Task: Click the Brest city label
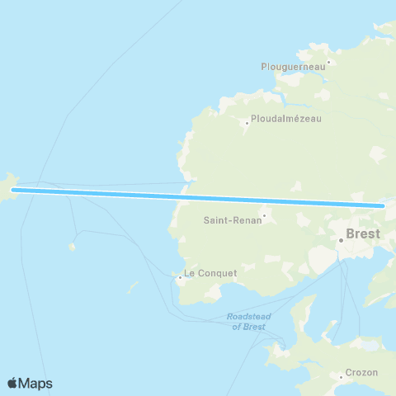364,233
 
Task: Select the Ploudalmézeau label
285,118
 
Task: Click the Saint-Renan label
231,220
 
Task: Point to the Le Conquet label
210,273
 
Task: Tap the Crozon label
362,372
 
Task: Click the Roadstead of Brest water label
244,322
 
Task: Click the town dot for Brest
341,240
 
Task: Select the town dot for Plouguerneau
328,61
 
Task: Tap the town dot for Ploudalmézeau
246,124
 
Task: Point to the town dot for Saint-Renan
263,218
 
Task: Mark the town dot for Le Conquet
179,277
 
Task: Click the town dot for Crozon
341,377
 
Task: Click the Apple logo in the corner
12,384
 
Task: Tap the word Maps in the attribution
36,384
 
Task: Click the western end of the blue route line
13,191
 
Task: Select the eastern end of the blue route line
384,205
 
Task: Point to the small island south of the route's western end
72,246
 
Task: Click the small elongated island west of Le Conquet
132,287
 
